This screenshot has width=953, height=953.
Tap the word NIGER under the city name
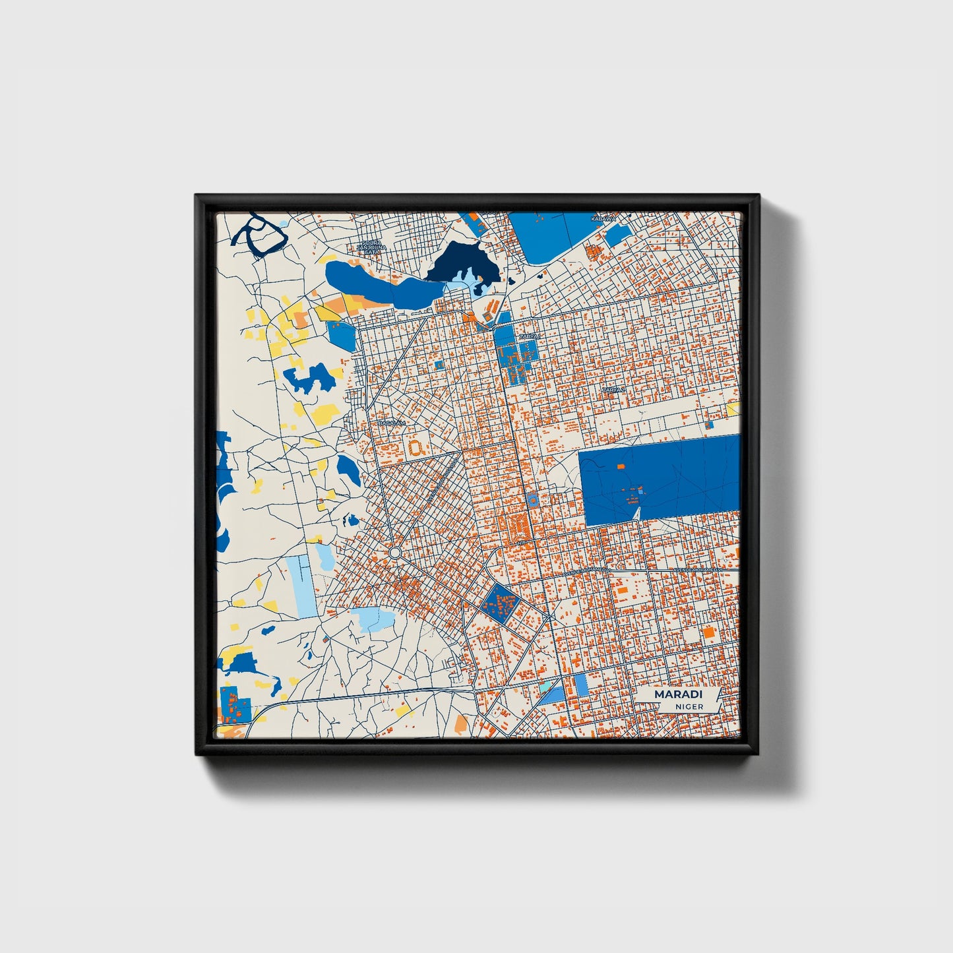689,706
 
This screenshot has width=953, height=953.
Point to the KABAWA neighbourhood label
603,218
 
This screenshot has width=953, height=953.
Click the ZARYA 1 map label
528,336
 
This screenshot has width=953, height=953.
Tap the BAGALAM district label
389,423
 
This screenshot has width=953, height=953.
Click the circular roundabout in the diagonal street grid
395,552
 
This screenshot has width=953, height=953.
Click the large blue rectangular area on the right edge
660,478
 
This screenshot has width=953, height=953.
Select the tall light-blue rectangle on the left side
301,586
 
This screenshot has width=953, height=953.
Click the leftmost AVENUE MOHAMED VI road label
584,571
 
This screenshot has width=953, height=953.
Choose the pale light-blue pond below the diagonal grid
374,619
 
